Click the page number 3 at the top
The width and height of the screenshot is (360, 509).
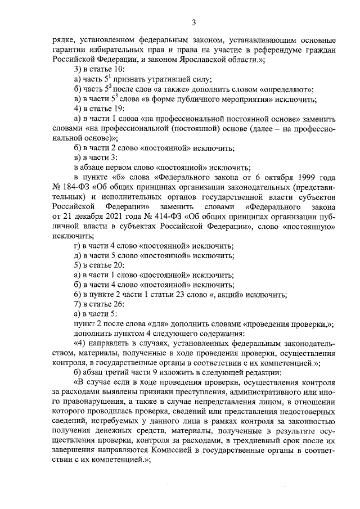pyautogui.click(x=193, y=22)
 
